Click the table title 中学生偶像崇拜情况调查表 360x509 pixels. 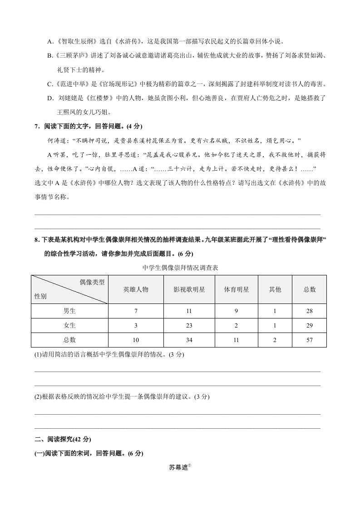[180, 268]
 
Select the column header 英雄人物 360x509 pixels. [136, 289]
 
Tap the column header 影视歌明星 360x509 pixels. [189, 289]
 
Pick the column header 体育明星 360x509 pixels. [236, 289]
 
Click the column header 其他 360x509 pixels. [275, 289]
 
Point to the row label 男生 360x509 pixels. [69, 311]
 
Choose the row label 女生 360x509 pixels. [69, 325]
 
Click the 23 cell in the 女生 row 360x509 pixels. [189, 325]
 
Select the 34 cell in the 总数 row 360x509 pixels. [189, 340]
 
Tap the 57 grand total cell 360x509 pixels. [310, 340]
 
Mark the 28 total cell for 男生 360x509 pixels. [310, 311]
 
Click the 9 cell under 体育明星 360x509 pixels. [236, 311]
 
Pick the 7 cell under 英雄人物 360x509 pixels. [136, 311]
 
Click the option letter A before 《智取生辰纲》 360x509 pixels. [50, 42]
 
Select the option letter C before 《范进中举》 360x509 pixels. [50, 84]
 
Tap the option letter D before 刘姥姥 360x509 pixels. [50, 98]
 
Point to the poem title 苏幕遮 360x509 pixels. [178, 467]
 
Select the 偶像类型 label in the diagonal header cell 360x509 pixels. [92, 282]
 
